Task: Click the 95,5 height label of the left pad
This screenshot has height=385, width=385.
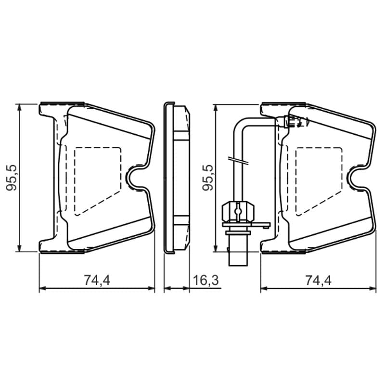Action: click(12, 178)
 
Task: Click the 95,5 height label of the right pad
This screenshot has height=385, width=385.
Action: click(208, 178)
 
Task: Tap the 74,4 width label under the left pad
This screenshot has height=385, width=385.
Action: click(97, 280)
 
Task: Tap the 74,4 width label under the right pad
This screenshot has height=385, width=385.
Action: click(319, 280)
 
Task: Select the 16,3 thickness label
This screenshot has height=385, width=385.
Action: click(206, 280)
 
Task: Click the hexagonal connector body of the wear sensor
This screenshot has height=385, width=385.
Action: click(238, 211)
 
